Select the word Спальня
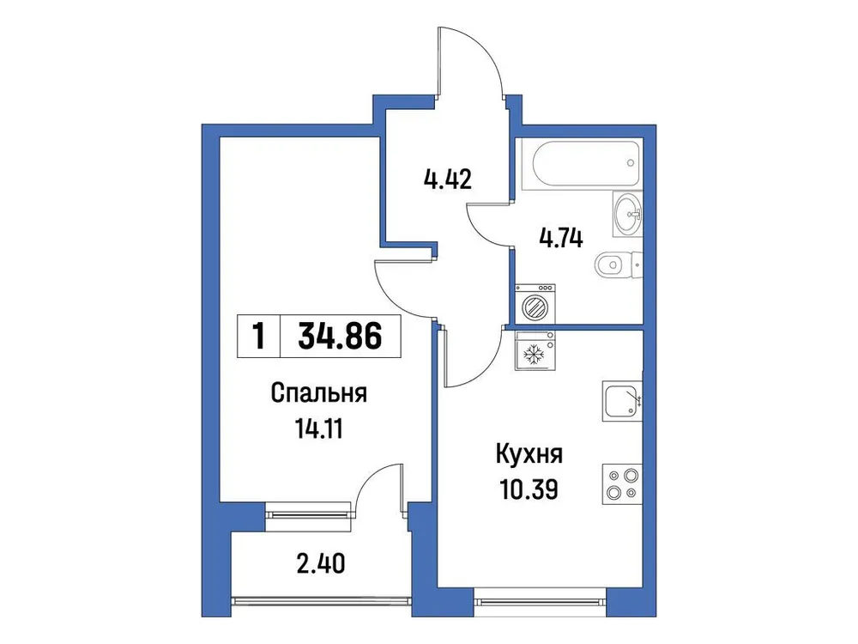(319, 394)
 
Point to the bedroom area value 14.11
(318, 428)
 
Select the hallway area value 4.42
(449, 181)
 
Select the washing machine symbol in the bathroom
(535, 304)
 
